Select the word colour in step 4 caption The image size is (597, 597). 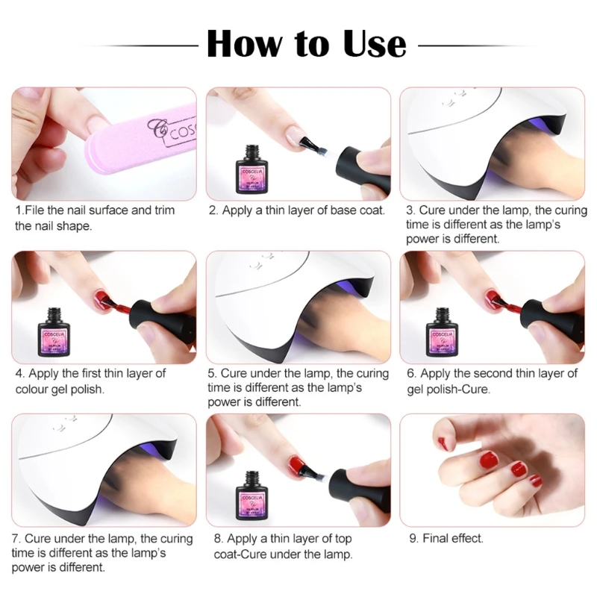click(33, 389)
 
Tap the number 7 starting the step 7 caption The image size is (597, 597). click(16, 539)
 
